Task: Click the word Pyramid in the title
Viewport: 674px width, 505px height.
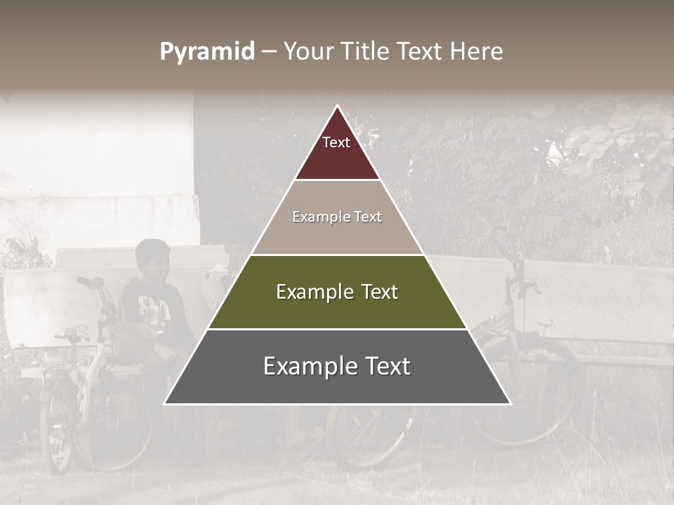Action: pyautogui.click(x=207, y=52)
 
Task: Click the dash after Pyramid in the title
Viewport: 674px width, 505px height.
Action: pyautogui.click(x=269, y=52)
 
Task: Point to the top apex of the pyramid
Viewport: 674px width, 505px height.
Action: pyautogui.click(x=337, y=107)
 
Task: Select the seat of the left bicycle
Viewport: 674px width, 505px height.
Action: pyautogui.click(x=72, y=333)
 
